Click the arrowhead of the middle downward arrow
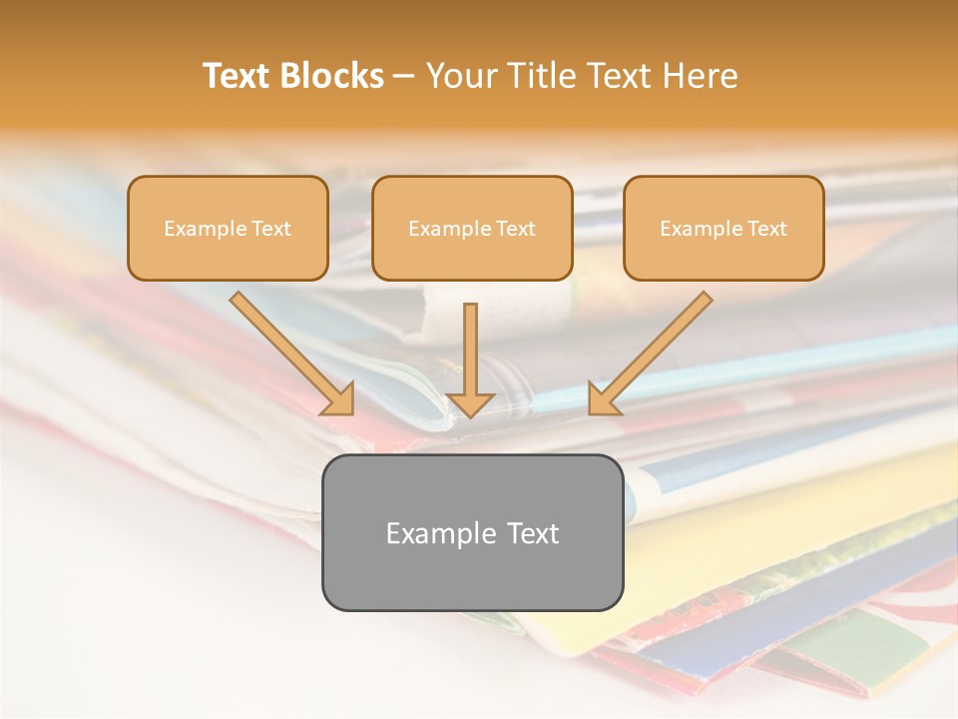click(470, 403)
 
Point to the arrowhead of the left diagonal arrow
click(340, 400)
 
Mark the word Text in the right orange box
click(766, 229)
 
